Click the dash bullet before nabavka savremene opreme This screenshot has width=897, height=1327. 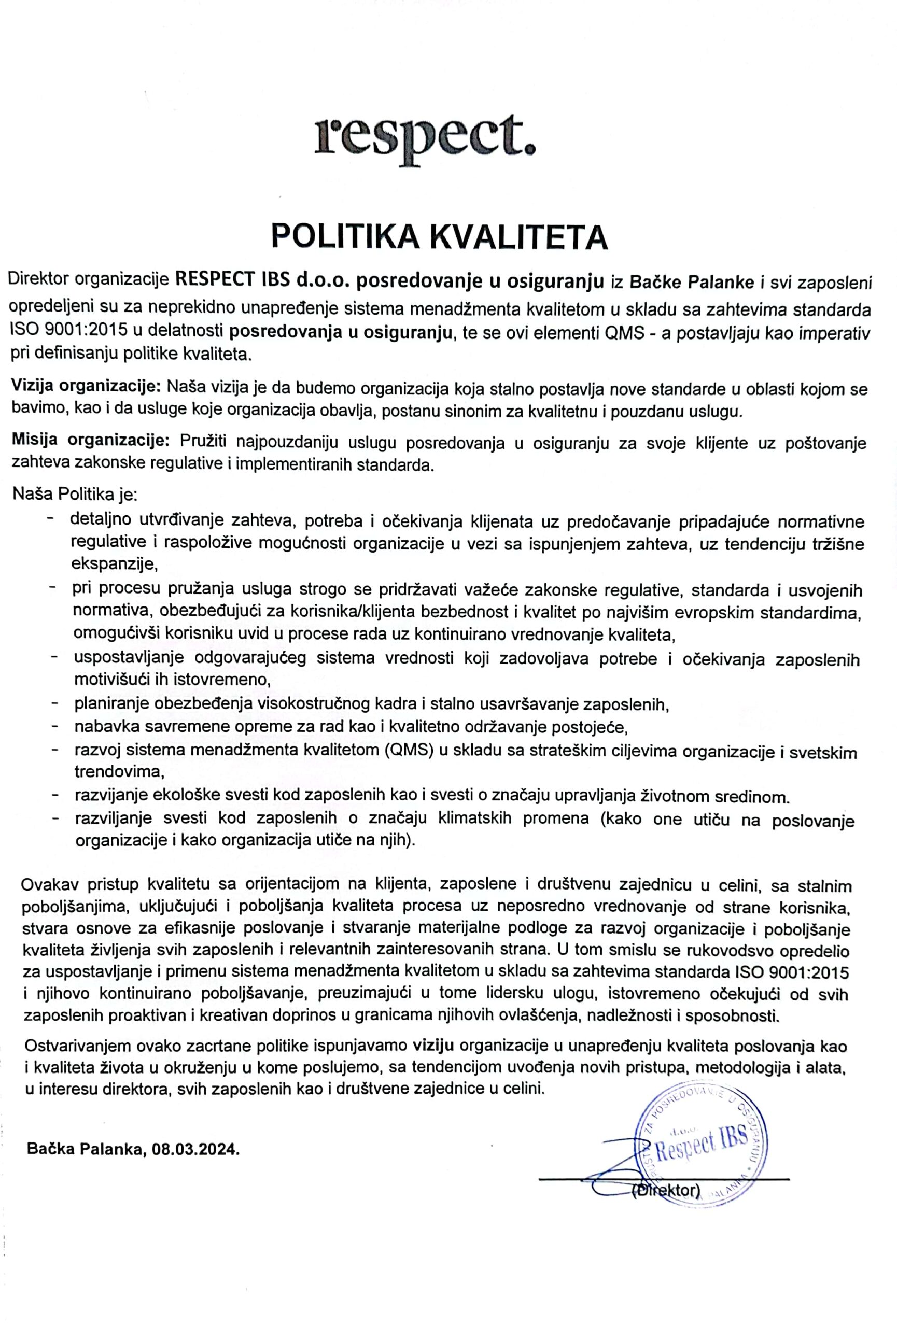[x=55, y=726]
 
